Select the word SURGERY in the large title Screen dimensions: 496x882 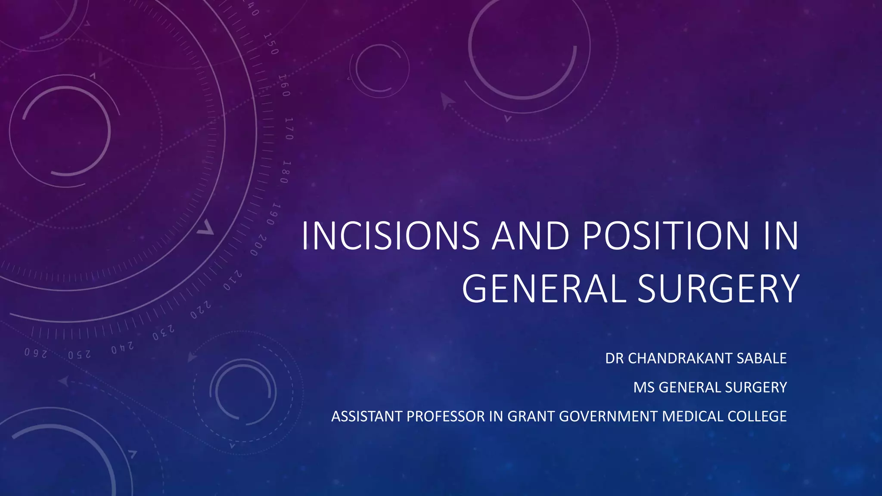[x=718, y=289]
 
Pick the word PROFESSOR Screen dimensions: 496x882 [x=445, y=416]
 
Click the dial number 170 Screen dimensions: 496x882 [x=289, y=128]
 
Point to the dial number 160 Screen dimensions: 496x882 [x=284, y=85]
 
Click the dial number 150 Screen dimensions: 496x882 [x=271, y=44]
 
